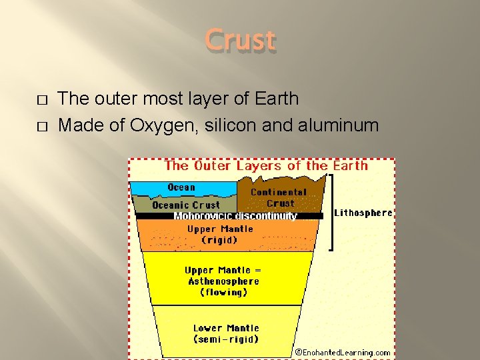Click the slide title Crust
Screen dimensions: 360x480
click(240, 40)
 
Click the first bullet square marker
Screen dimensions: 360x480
click(42, 100)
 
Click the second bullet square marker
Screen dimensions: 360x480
click(42, 126)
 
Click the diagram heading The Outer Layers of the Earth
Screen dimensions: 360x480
click(266, 165)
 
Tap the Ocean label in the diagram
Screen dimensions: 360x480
click(181, 187)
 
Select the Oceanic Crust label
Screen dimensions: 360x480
click(186, 205)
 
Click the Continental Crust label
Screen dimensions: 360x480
click(279, 197)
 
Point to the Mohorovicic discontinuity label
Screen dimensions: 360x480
click(235, 216)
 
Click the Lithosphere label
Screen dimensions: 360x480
click(363, 213)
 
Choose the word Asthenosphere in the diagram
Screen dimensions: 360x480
click(223, 281)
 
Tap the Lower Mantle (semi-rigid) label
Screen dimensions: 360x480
click(226, 333)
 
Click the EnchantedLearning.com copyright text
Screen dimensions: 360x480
click(343, 352)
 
